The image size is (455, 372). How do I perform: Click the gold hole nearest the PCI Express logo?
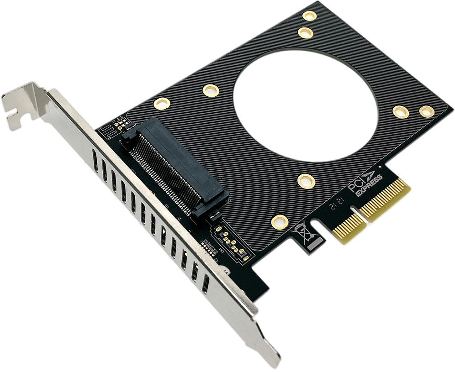(306, 182)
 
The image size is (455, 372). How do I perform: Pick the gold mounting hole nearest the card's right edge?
(426, 111)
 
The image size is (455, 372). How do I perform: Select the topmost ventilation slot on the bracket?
(94, 160)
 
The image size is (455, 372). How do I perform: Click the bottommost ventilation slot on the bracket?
(205, 283)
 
